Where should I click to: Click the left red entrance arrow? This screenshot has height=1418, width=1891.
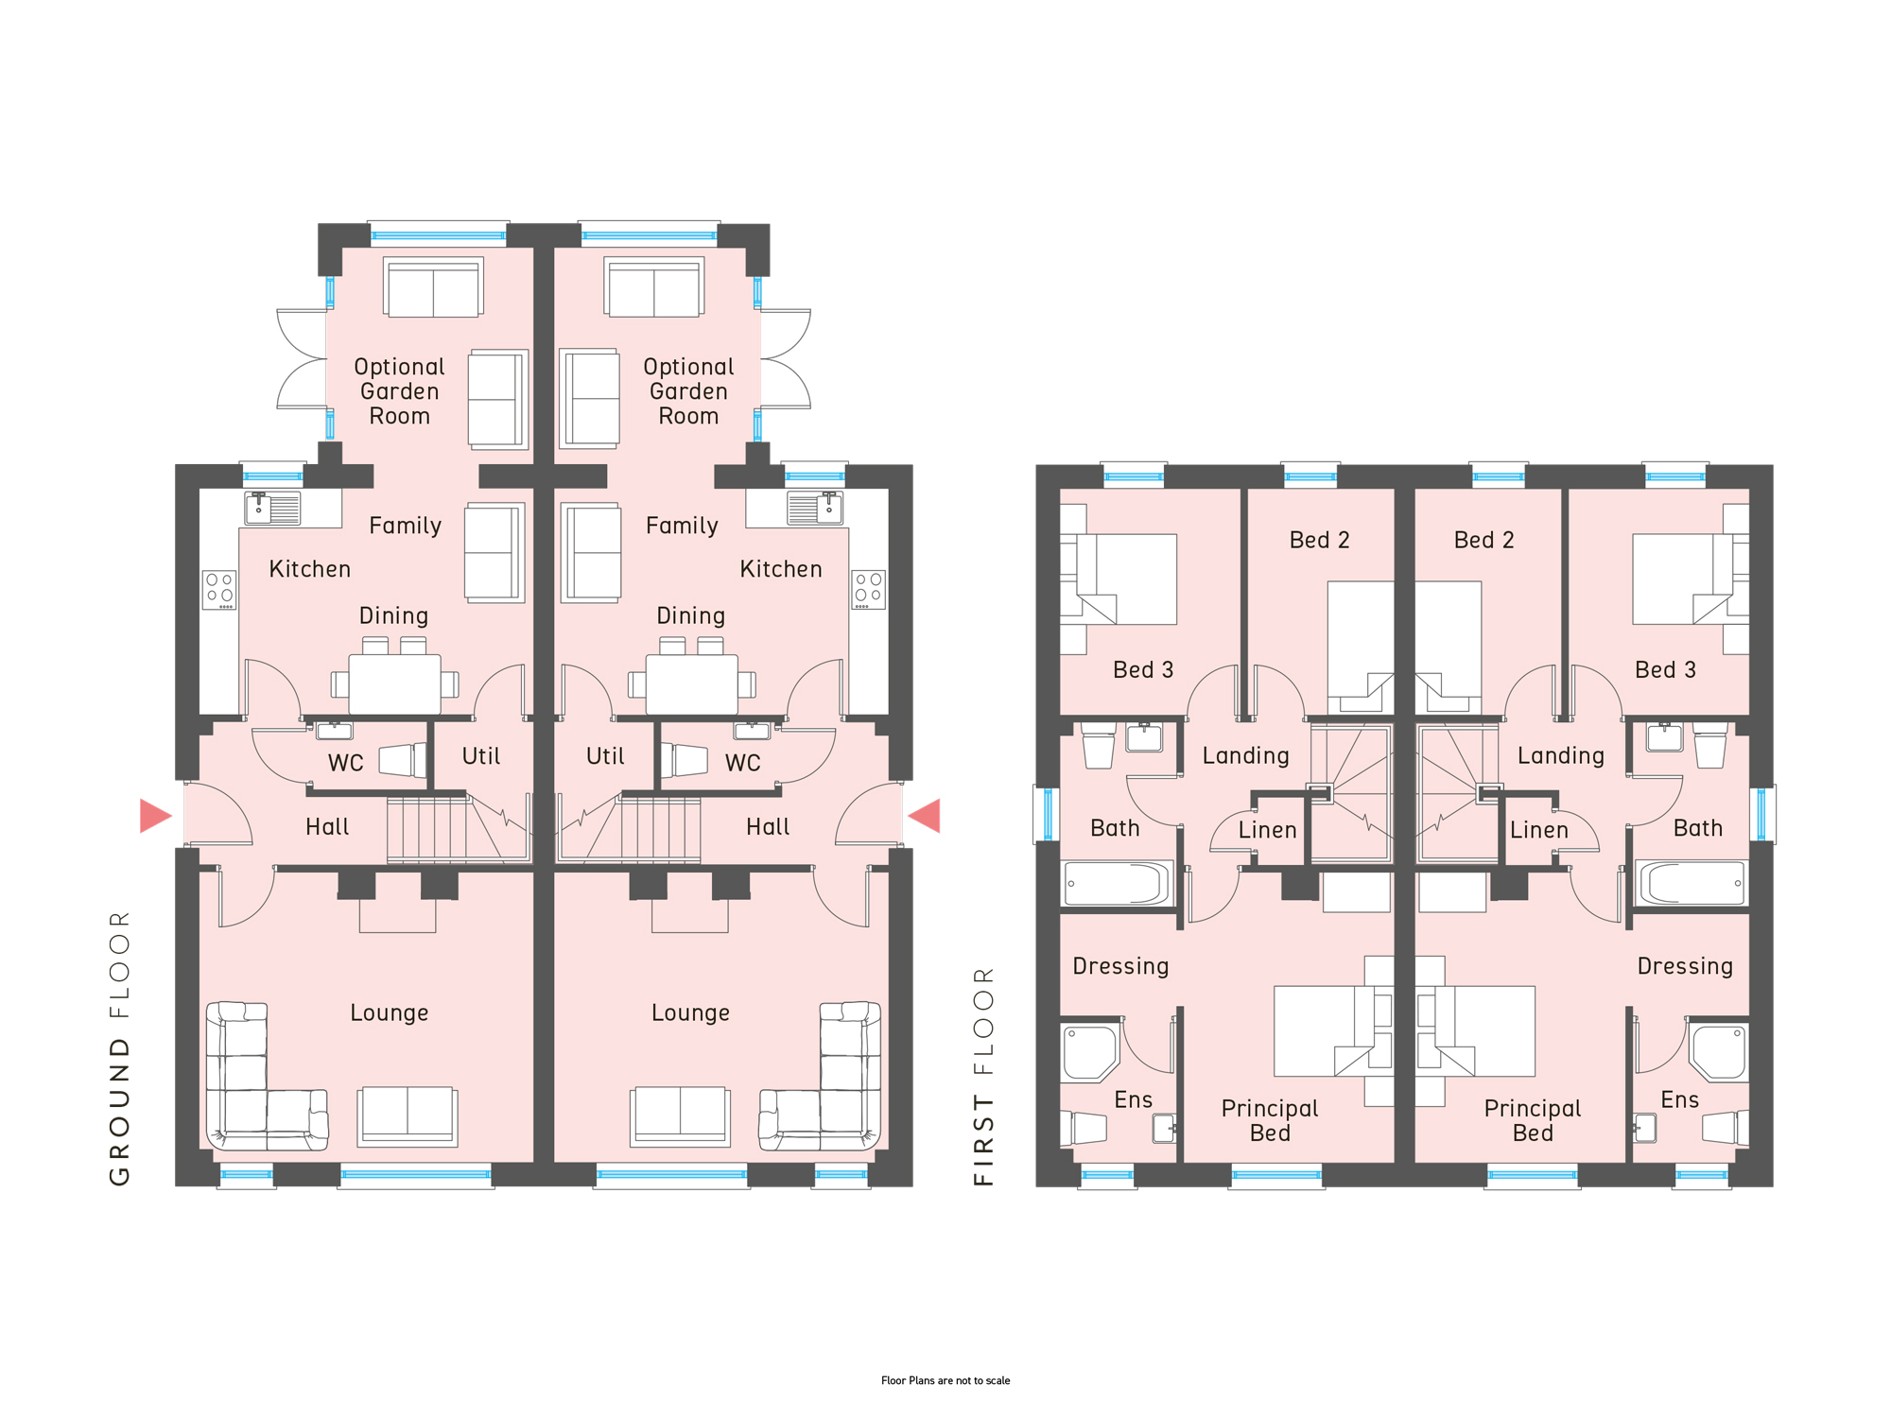click(154, 816)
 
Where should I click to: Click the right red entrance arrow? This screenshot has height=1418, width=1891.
click(925, 816)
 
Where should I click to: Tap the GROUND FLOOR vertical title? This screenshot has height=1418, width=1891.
click(120, 1048)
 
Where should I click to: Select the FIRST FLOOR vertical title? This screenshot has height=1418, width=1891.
click(984, 1076)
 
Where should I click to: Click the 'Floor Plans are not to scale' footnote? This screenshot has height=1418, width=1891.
click(945, 1380)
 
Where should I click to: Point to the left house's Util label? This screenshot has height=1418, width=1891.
click(481, 756)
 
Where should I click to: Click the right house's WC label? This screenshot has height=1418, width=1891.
click(743, 763)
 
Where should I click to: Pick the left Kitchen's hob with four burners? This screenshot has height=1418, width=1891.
click(219, 590)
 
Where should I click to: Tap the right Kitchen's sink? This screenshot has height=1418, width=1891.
click(815, 509)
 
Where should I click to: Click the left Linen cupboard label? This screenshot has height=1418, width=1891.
click(1268, 830)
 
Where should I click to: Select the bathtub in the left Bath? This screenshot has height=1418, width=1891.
click(1117, 884)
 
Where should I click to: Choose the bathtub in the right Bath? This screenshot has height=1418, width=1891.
click(1691, 884)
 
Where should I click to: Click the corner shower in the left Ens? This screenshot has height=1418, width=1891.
click(1090, 1052)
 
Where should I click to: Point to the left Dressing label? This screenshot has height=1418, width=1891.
click(1121, 966)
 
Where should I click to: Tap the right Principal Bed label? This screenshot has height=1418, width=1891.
click(1533, 1120)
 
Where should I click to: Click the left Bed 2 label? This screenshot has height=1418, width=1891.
click(1320, 540)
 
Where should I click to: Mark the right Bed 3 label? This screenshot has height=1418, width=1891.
click(1666, 670)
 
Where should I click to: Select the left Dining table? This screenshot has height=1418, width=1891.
click(395, 683)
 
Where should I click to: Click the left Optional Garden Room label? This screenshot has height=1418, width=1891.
click(400, 391)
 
